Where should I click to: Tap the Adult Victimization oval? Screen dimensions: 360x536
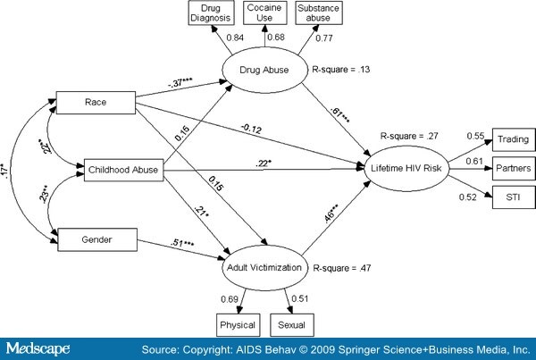coord(266,266)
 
